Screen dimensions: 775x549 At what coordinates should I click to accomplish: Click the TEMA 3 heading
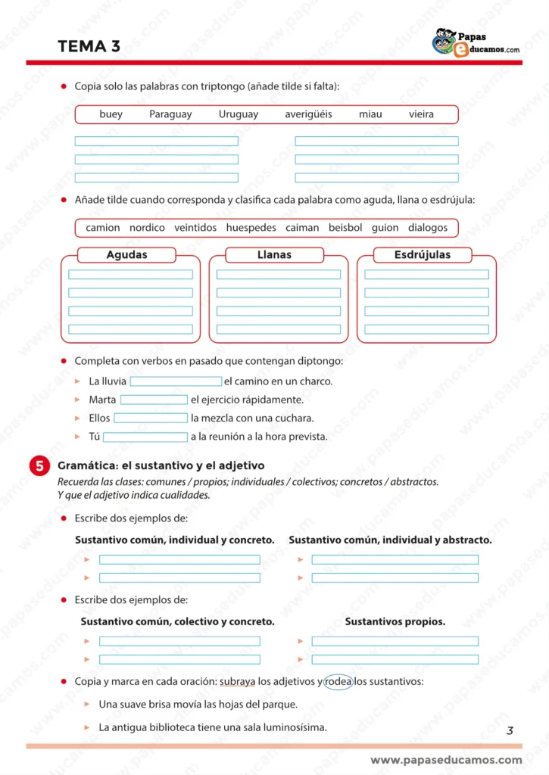pos(89,46)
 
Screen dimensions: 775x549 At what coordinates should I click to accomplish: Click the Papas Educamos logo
pos(475,43)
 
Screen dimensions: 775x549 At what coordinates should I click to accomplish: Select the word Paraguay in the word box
pos(170,114)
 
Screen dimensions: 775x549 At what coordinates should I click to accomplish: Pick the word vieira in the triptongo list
pos(421,114)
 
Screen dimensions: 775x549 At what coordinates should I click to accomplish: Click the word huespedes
pos(251,227)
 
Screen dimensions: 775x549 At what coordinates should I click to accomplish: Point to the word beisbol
pos(345,227)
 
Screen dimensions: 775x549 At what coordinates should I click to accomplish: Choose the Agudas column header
pos(126,255)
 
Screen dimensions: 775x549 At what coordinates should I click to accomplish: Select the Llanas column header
pos(274,255)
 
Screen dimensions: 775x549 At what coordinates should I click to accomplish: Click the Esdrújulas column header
pos(422,255)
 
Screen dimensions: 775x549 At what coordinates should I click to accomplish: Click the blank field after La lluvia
pos(176,381)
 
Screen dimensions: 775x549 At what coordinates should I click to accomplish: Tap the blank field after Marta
pos(154,400)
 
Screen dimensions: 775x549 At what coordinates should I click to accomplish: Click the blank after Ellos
pos(151,418)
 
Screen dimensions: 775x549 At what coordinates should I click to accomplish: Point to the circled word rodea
pos(338,681)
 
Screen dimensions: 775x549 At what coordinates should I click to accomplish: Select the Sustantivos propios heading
pos(395,621)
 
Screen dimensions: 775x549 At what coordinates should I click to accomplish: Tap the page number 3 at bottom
pos(510,730)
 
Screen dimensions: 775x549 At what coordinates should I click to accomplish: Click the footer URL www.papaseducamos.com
pos(446,760)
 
